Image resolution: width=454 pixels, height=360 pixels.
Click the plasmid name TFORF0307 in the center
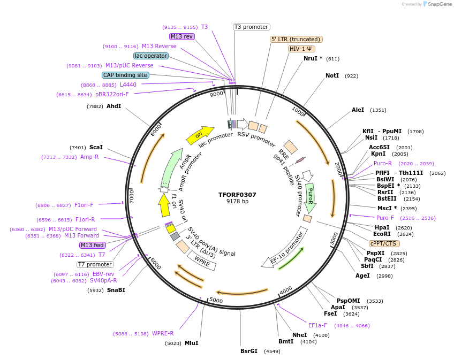[x=237, y=195]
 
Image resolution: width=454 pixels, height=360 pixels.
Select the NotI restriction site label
[x=332, y=76]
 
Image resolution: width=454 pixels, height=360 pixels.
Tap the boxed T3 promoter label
[x=252, y=27]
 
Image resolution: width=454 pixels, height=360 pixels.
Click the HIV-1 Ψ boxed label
[x=301, y=49]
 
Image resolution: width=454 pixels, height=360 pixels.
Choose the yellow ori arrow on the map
[x=200, y=135]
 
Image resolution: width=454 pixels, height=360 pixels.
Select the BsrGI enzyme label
[x=249, y=351]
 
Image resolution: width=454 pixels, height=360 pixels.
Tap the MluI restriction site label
[x=191, y=343]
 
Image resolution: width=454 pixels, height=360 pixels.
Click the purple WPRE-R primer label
[x=163, y=334]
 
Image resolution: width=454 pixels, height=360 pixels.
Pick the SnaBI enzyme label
[x=116, y=290]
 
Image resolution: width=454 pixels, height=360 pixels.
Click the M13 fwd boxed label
[x=92, y=245]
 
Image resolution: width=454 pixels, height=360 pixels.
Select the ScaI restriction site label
[x=96, y=147]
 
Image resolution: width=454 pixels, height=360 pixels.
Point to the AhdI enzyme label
[x=113, y=106]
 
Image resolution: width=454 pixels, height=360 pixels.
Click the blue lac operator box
[x=151, y=56]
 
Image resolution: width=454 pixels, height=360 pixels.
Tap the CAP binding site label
[x=125, y=75]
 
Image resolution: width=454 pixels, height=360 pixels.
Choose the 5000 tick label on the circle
[x=216, y=300]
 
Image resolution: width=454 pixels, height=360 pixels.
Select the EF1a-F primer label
[x=318, y=325]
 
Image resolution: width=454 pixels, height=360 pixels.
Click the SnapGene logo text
[x=439, y=4]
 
